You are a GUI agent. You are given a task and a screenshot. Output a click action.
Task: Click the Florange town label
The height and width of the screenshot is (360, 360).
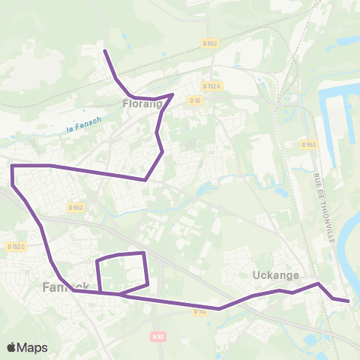pyautogui.click(x=142, y=105)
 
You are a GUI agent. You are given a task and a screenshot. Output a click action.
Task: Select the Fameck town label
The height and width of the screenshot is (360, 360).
pyautogui.click(x=66, y=286)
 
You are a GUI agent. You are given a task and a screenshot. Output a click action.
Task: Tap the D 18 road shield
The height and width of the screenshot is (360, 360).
pyautogui.click(x=195, y=100)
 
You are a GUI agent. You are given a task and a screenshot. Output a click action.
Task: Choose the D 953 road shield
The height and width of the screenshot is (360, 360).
pyautogui.click(x=307, y=144)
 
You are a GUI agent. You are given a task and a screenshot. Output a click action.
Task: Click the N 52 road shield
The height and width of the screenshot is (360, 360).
pyautogui.click(x=157, y=336)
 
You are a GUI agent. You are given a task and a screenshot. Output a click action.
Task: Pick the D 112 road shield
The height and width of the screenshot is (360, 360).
pyautogui.click(x=199, y=310)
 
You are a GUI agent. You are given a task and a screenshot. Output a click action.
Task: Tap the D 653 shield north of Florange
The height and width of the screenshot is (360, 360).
pyautogui.click(x=210, y=43)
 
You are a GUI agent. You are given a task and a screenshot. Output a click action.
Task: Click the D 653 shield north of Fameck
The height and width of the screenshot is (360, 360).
pyautogui.click(x=75, y=208)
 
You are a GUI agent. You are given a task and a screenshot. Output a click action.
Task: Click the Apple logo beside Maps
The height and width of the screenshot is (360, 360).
pyautogui.click(x=11, y=347)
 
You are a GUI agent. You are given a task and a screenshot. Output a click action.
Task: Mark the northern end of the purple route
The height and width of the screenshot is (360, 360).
pyautogui.click(x=104, y=51)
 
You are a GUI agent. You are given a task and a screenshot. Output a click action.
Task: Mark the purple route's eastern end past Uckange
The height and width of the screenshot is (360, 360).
pyautogui.click(x=349, y=301)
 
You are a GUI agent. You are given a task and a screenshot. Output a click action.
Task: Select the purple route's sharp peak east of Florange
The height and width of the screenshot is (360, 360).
pyautogui.click(x=173, y=94)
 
